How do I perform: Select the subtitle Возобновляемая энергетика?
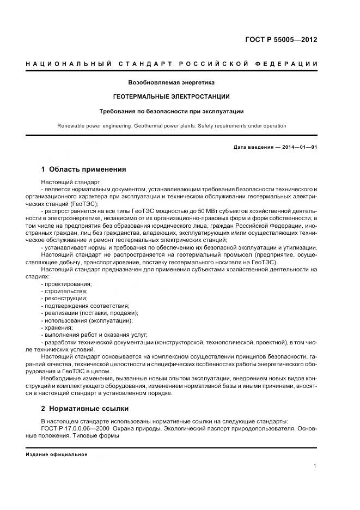point(171,83)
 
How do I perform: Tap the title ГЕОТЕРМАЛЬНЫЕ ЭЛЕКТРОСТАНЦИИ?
point(171,96)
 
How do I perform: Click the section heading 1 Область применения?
point(83,169)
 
